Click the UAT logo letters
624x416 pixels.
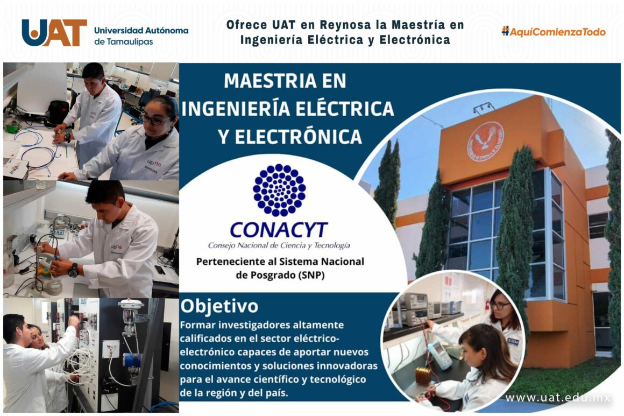point(54,33)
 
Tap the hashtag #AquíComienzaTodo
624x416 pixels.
point(554,32)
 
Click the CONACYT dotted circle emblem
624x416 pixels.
point(279,191)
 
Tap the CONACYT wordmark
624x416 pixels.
point(279,230)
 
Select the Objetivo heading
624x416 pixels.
point(219,306)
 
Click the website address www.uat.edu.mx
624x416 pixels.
point(558,398)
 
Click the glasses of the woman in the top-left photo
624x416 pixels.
point(155,121)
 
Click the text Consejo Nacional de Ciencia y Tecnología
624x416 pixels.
point(279,245)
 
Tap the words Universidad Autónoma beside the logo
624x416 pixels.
point(141,30)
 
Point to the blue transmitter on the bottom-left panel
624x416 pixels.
point(131,360)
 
